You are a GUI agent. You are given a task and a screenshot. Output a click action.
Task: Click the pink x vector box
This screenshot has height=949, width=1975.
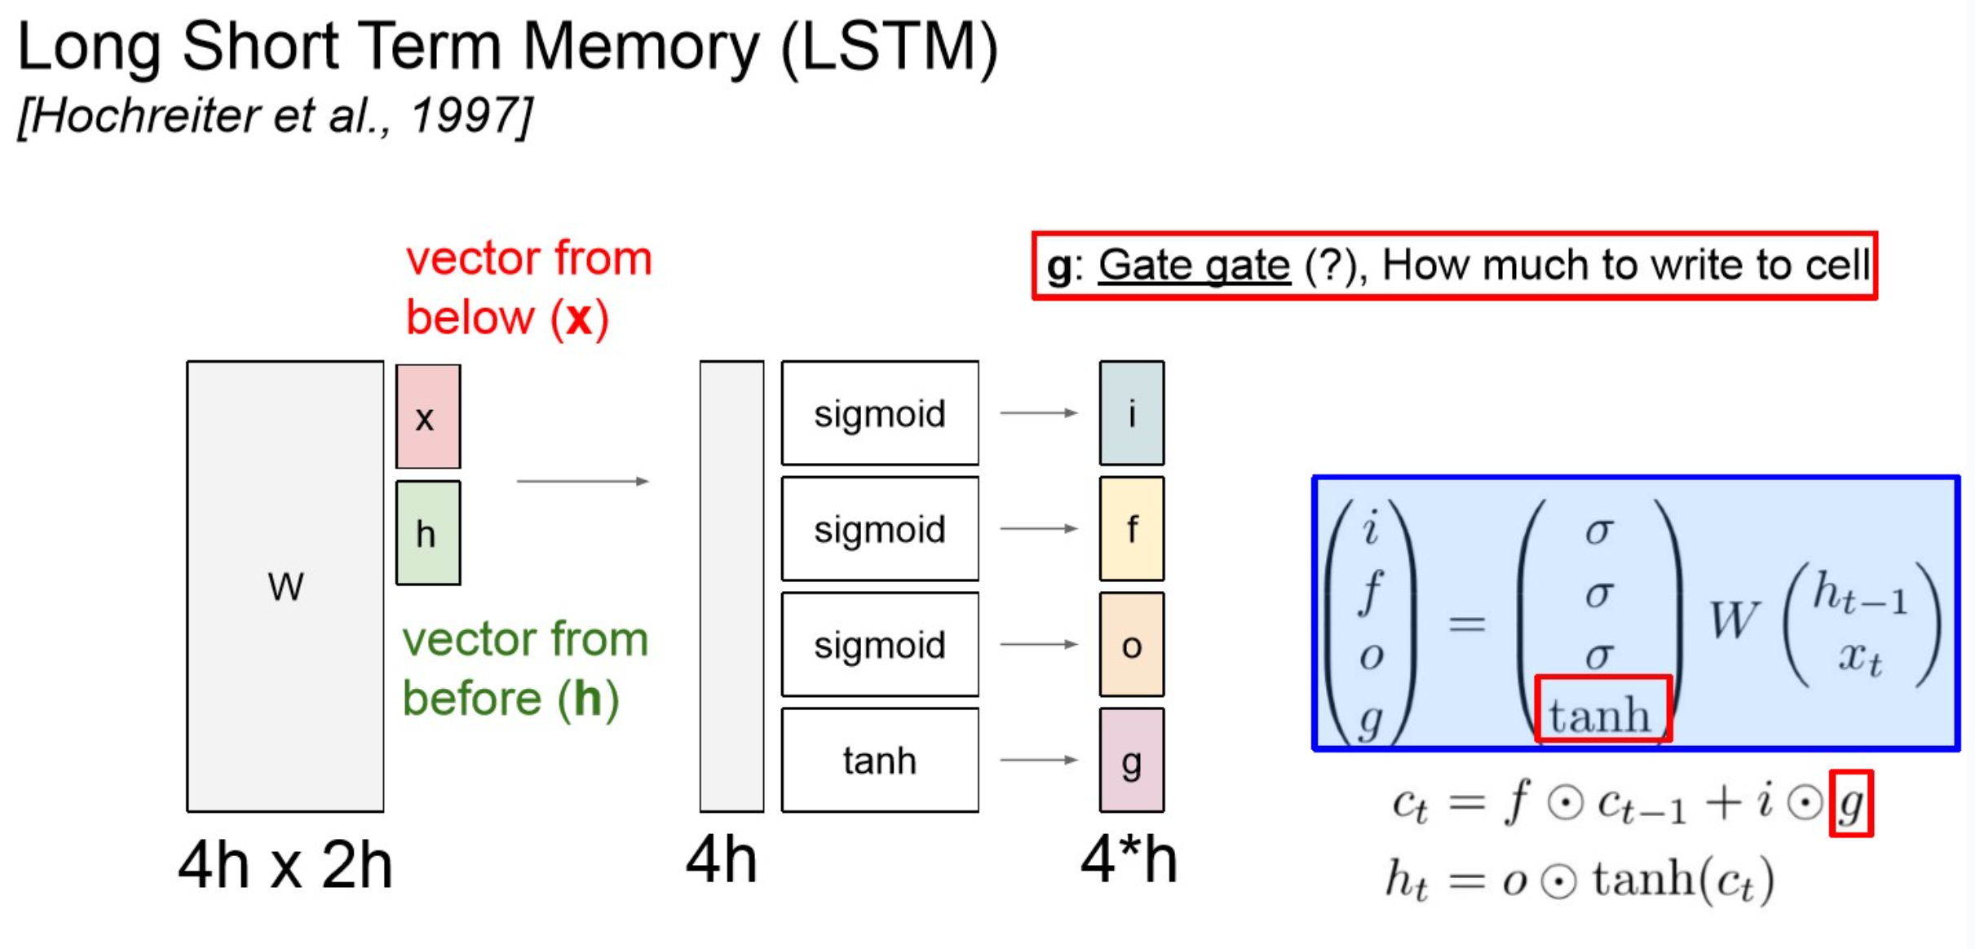428,417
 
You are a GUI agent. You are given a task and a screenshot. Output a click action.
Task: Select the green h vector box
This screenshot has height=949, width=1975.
428,533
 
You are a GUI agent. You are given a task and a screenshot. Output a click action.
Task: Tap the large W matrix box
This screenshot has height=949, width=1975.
285,586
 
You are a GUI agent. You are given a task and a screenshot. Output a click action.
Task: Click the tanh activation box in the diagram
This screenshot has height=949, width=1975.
880,760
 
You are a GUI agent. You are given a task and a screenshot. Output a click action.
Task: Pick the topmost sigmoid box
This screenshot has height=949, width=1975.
880,413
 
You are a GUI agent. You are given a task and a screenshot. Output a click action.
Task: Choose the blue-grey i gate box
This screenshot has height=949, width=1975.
1131,413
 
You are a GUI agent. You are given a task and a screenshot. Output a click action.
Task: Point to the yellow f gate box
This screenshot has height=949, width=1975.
1131,529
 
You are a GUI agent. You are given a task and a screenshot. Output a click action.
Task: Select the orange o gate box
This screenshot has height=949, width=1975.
1131,645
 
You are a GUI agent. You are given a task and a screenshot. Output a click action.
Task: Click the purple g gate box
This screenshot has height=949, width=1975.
1131,761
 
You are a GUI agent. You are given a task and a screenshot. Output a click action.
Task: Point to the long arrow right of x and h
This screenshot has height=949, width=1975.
582,481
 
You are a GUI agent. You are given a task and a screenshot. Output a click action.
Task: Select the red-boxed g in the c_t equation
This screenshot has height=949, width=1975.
1850,804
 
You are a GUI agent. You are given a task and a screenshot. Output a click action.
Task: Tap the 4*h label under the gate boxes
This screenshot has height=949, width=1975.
1129,860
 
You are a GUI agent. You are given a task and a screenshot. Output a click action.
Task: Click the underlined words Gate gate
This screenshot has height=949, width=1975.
1194,265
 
